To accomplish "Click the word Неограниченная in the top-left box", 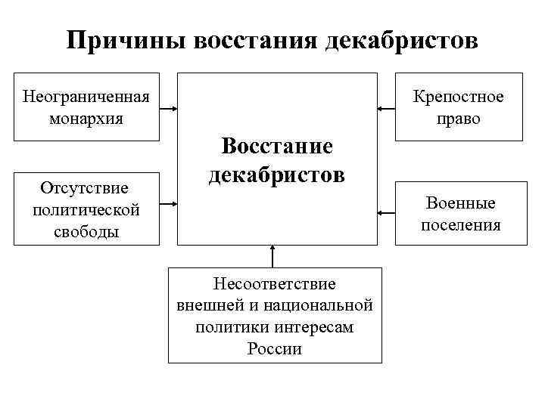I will point(86,97).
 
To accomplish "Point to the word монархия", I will point(86,119).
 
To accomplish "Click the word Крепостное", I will point(458,97).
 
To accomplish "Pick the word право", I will point(458,119).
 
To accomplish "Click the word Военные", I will point(460,203).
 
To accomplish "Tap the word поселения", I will point(460,225).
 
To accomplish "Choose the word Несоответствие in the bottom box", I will point(274,283).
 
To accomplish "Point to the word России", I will point(274,349).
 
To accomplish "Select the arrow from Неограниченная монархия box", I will point(169,109).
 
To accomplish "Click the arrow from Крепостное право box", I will point(386,110).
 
